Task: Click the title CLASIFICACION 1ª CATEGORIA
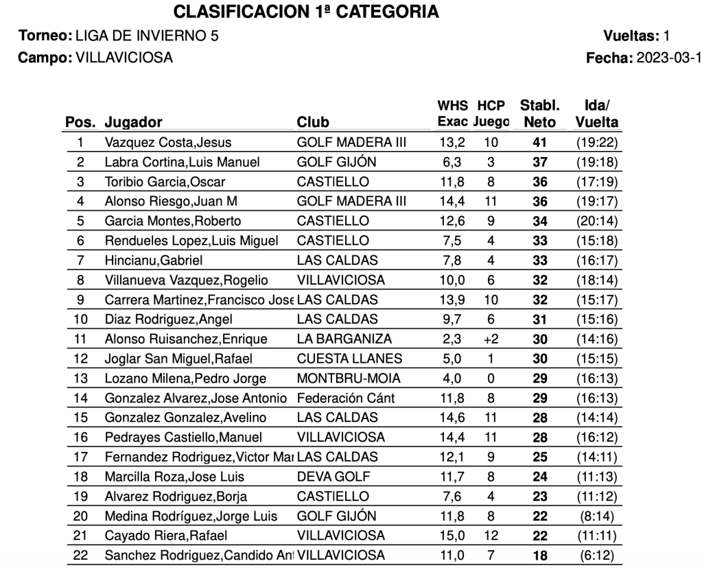[x=306, y=12]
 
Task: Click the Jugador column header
[x=133, y=123]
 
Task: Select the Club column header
[x=313, y=123]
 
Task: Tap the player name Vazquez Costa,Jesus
[x=168, y=143]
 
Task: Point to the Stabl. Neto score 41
[x=540, y=143]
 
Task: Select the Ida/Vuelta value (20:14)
[x=596, y=222]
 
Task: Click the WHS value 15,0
[x=452, y=536]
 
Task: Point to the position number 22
[x=80, y=556]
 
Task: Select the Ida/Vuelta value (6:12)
[x=596, y=556]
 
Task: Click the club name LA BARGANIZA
[x=344, y=339]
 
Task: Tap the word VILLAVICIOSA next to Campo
[x=122, y=58]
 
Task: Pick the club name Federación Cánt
[x=345, y=399]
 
